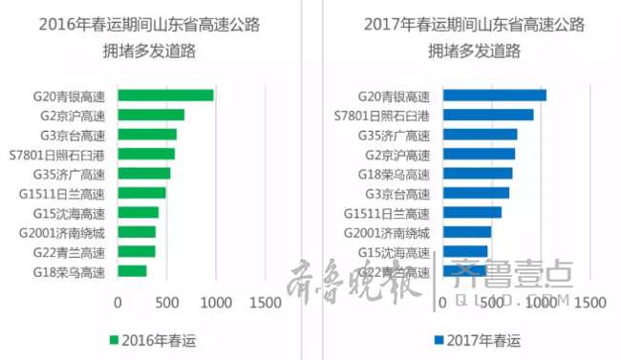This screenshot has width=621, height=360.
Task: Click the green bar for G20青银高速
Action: [x=165, y=95]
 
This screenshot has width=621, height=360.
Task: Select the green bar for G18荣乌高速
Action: [x=132, y=271]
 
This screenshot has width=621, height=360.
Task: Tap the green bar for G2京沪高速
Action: [x=151, y=116]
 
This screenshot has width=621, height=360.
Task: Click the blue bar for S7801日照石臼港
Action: [x=488, y=116]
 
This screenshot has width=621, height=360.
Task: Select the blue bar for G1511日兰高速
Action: [x=472, y=213]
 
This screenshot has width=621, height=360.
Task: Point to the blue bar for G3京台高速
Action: [x=476, y=193]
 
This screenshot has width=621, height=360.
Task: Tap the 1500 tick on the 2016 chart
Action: [x=265, y=303]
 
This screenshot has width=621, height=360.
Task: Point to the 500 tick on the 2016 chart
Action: [x=167, y=303]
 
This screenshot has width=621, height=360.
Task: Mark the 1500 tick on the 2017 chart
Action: [x=589, y=303]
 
